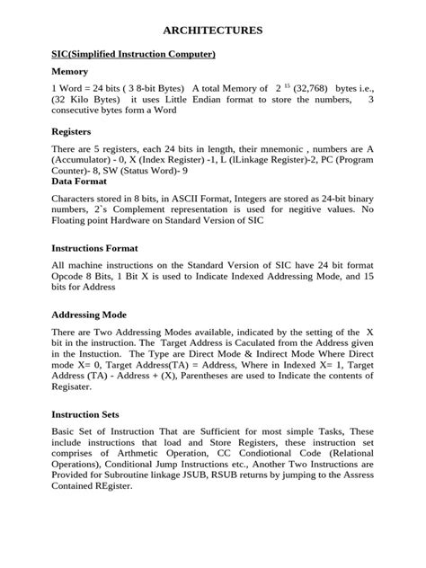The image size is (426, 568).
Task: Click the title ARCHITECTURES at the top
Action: coord(212,31)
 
